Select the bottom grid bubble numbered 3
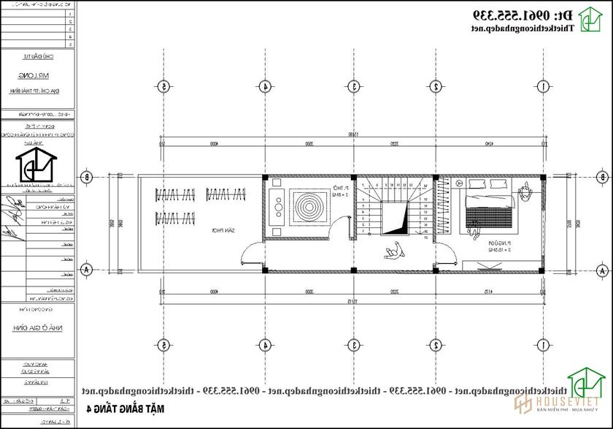(x=353, y=344)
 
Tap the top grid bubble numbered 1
(x=527, y=86)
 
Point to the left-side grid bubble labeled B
(x=86, y=177)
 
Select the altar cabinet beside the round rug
(x=277, y=208)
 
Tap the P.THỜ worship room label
(x=337, y=191)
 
